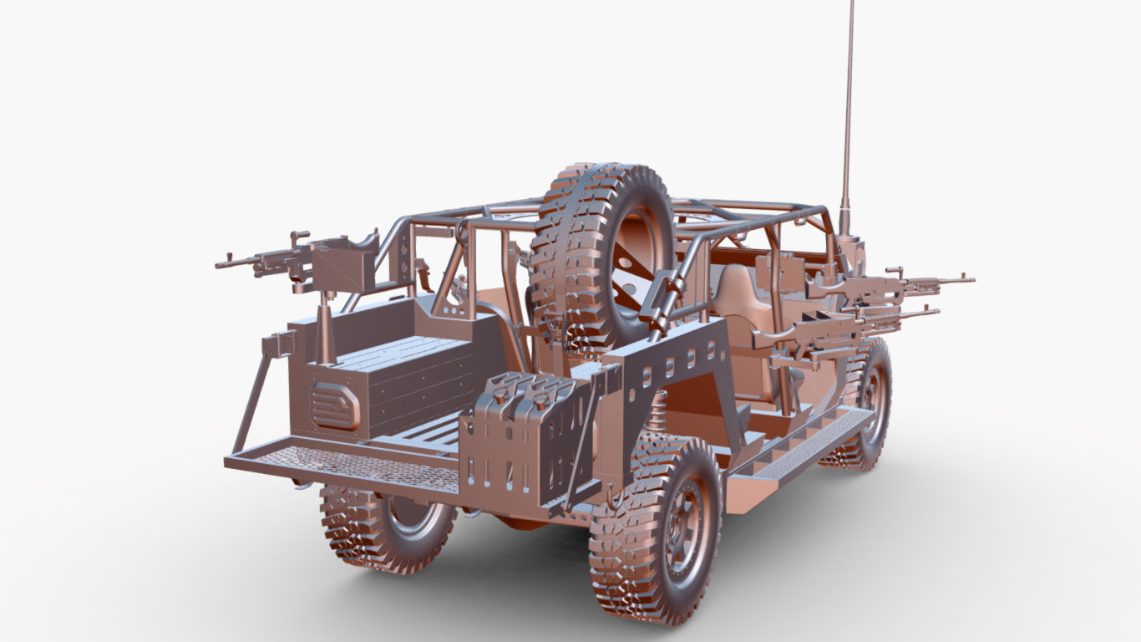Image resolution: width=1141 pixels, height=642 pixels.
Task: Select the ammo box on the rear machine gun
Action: (342, 263)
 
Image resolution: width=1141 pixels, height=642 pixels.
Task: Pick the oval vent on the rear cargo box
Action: (335, 406)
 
